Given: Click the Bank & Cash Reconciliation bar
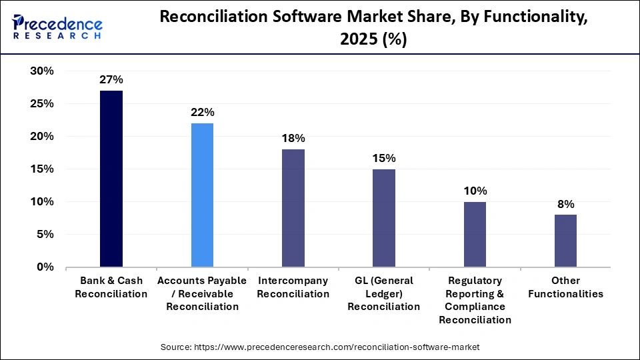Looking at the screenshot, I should (x=111, y=179).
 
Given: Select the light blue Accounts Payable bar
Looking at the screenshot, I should (x=202, y=195).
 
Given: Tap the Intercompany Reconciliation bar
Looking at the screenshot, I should (x=293, y=208).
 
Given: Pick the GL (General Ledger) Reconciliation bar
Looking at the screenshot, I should (x=383, y=218).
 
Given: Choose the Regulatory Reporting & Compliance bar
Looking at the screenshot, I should (x=475, y=234).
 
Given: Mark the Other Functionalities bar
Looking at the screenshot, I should (x=565, y=241).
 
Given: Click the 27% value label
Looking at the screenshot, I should (x=111, y=80).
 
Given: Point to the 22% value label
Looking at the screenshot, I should (x=202, y=113).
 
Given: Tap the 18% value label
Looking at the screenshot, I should (x=293, y=139).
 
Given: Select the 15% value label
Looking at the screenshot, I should (x=383, y=158).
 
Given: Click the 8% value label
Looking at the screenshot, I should (x=565, y=204).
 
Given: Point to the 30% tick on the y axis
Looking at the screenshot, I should (x=42, y=71).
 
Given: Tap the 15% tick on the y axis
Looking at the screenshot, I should (x=42, y=169).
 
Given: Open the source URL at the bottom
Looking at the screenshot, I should (x=320, y=347).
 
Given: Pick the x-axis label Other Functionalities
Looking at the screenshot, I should (x=565, y=287).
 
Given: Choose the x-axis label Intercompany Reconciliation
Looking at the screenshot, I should (x=293, y=287).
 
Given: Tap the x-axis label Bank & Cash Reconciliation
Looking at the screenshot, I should (x=111, y=287).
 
